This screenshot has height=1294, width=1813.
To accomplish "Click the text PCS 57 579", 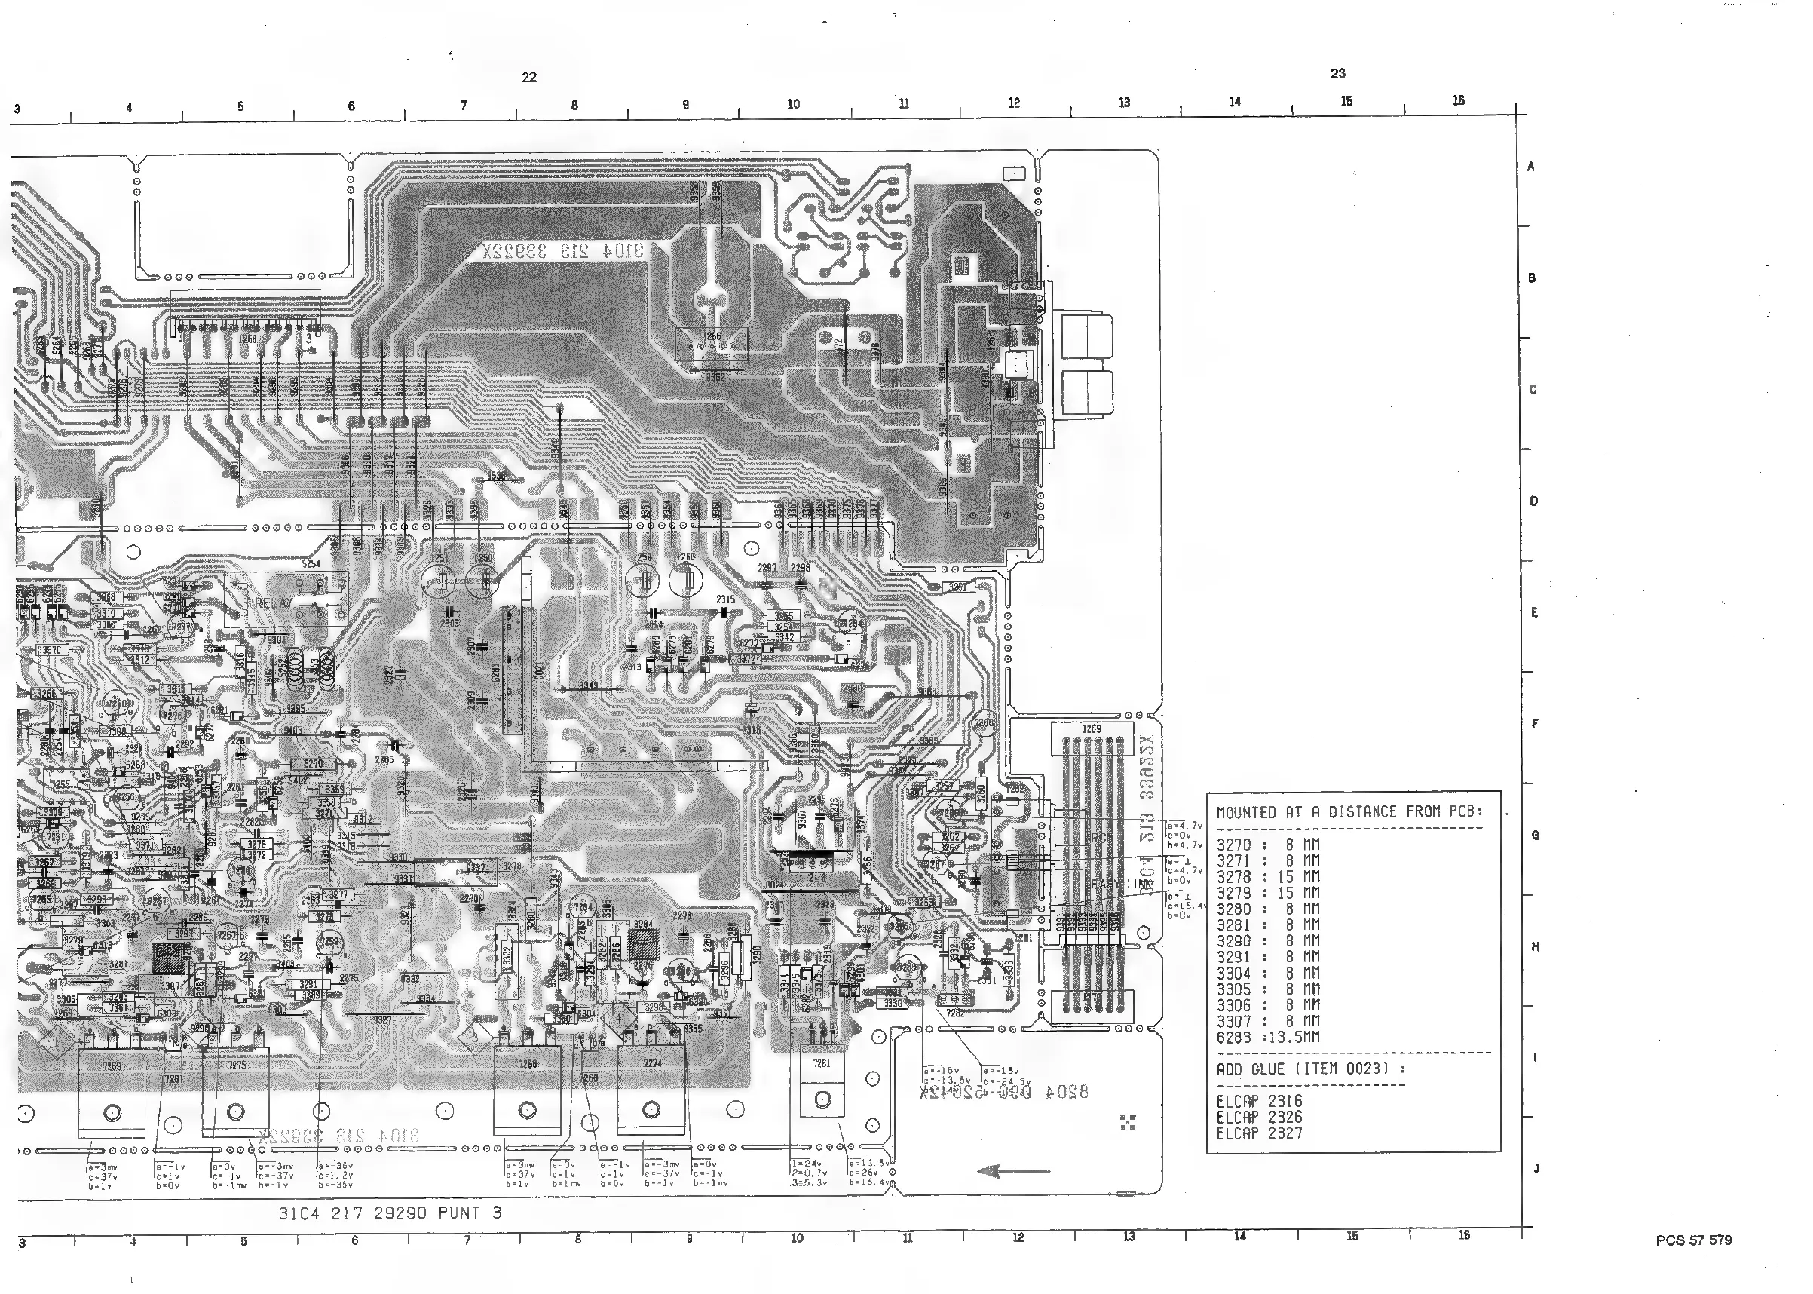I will coord(1693,1240).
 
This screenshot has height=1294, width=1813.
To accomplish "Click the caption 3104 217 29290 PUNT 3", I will coord(390,1213).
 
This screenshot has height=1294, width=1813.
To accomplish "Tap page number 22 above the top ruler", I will coord(529,77).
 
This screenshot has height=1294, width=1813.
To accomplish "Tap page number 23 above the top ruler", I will coord(1337,73).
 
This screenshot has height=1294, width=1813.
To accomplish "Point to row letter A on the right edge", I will coord(1530,167).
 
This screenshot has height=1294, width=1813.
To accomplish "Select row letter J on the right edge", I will coord(1536,1169).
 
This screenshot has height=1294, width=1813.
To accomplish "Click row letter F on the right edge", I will coord(1534,723).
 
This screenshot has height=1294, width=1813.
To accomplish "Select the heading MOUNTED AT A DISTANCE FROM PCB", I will coord(1349,812).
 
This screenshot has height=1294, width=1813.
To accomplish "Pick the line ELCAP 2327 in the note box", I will coord(1259,1133).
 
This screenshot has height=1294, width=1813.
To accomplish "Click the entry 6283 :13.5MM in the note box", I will coord(1267,1038).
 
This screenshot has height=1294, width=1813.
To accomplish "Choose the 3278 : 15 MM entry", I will coord(1267,876).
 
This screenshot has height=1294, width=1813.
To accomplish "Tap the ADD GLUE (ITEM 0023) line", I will coord(1310,1069).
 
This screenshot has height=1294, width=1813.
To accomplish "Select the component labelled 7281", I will coord(820,1063).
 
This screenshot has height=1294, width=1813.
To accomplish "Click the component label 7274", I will coord(652,1063).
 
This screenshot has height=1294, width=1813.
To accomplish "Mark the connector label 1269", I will coord(1091,728).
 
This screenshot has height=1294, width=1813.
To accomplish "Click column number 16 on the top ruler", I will coord(1458,100).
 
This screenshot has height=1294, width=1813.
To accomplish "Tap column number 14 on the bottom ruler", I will coord(1239,1236).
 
